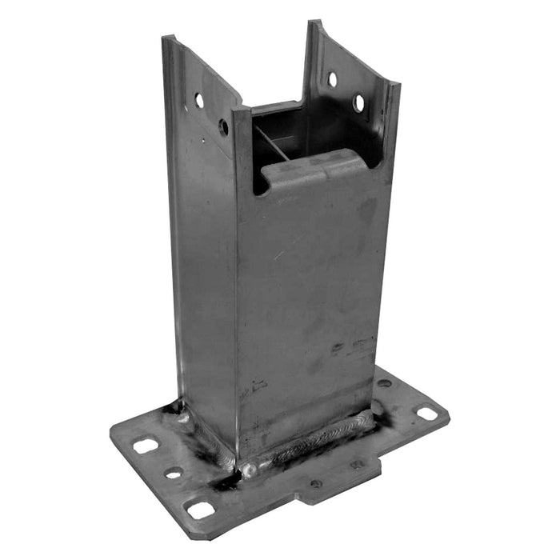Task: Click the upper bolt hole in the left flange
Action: point(199,100)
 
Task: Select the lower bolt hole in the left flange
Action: point(223,126)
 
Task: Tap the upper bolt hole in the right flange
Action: point(333,79)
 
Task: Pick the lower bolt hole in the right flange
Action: point(359,103)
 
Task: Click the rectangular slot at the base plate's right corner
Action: point(427,414)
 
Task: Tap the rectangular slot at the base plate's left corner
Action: point(145,446)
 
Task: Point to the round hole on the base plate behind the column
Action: point(384,383)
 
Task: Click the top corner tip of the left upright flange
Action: point(166,38)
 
